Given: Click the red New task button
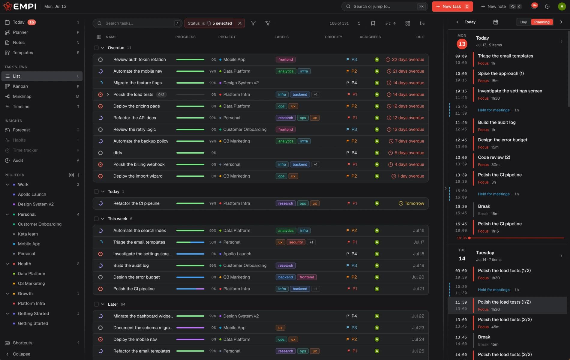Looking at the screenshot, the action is tap(452, 7).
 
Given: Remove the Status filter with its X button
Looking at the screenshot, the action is tap(240, 23).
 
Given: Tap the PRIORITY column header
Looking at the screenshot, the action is tap(334, 37).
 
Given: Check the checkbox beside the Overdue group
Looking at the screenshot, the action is tap(96, 48).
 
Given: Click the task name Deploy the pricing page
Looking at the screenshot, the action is tap(136, 106).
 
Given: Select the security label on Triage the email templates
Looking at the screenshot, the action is tap(296, 242).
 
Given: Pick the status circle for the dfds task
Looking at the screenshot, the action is tap(100, 153).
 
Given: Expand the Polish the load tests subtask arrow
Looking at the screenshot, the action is tap(108, 94).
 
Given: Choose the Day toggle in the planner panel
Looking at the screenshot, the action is tap(523, 22).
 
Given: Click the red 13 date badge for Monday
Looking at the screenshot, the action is tap(462, 44).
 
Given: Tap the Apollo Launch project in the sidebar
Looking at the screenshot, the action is tap(32, 194).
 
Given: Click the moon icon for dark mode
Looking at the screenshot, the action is tap(547, 7).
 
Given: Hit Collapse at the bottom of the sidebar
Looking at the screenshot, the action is tap(22, 354).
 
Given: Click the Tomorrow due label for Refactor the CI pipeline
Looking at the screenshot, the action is tap(411, 203).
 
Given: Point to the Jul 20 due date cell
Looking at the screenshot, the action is tap(418, 277).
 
